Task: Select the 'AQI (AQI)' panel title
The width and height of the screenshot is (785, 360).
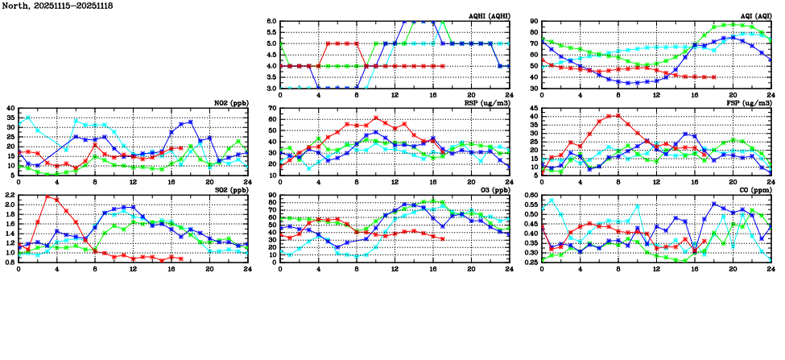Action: coord(754,16)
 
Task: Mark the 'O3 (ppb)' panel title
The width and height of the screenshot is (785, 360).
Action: coord(495,190)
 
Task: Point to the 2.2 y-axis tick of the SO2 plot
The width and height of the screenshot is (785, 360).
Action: coord(10,196)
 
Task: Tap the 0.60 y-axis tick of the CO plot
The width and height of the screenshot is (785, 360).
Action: coord(531,196)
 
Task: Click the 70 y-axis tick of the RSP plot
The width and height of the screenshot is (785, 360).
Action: coord(271,109)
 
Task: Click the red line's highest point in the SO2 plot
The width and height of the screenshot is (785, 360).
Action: coord(48,197)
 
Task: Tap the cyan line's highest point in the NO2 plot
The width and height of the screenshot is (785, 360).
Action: coord(29,118)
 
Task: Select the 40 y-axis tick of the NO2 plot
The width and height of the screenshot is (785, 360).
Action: coord(10,109)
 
